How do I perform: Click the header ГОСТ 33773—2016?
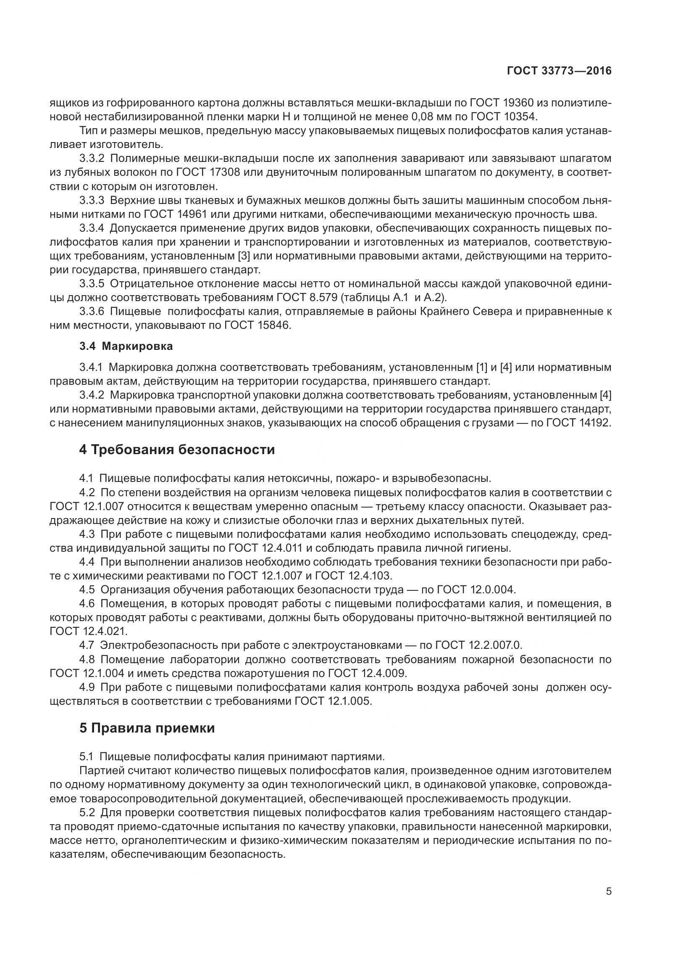point(559,71)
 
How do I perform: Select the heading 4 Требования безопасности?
point(177,450)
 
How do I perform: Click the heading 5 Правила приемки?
point(147,728)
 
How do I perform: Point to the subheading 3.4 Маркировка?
point(126,346)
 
